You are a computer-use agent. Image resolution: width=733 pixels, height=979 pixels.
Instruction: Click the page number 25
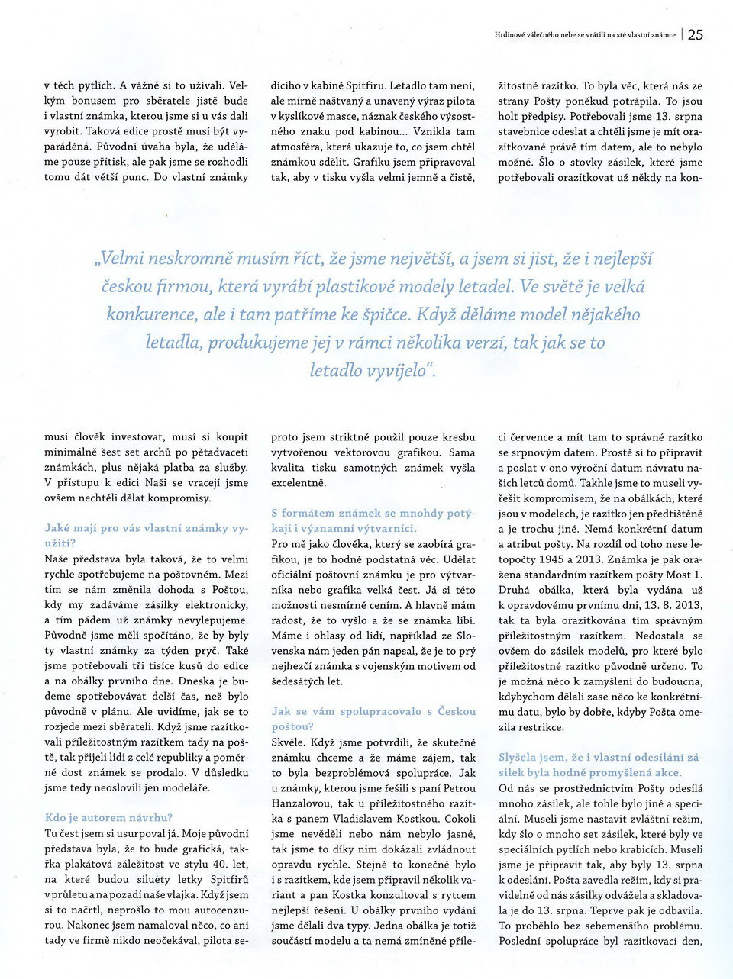pyautogui.click(x=696, y=34)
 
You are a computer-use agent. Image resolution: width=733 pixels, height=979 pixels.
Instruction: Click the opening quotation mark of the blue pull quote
pyautogui.click(x=97, y=259)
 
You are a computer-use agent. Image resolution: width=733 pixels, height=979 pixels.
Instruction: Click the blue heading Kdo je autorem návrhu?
pyautogui.click(x=108, y=818)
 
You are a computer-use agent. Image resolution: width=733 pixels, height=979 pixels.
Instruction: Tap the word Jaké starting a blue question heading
pyautogui.click(x=58, y=528)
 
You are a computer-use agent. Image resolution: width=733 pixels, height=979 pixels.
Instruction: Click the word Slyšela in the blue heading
pyautogui.click(x=520, y=757)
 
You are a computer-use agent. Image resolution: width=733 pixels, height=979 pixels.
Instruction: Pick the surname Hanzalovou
pyautogui.click(x=299, y=803)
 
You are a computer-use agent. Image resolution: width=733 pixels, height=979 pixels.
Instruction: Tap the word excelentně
pyautogui.click(x=299, y=483)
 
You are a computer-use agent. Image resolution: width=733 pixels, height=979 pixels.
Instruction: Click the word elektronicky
pyautogui.click(x=217, y=604)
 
